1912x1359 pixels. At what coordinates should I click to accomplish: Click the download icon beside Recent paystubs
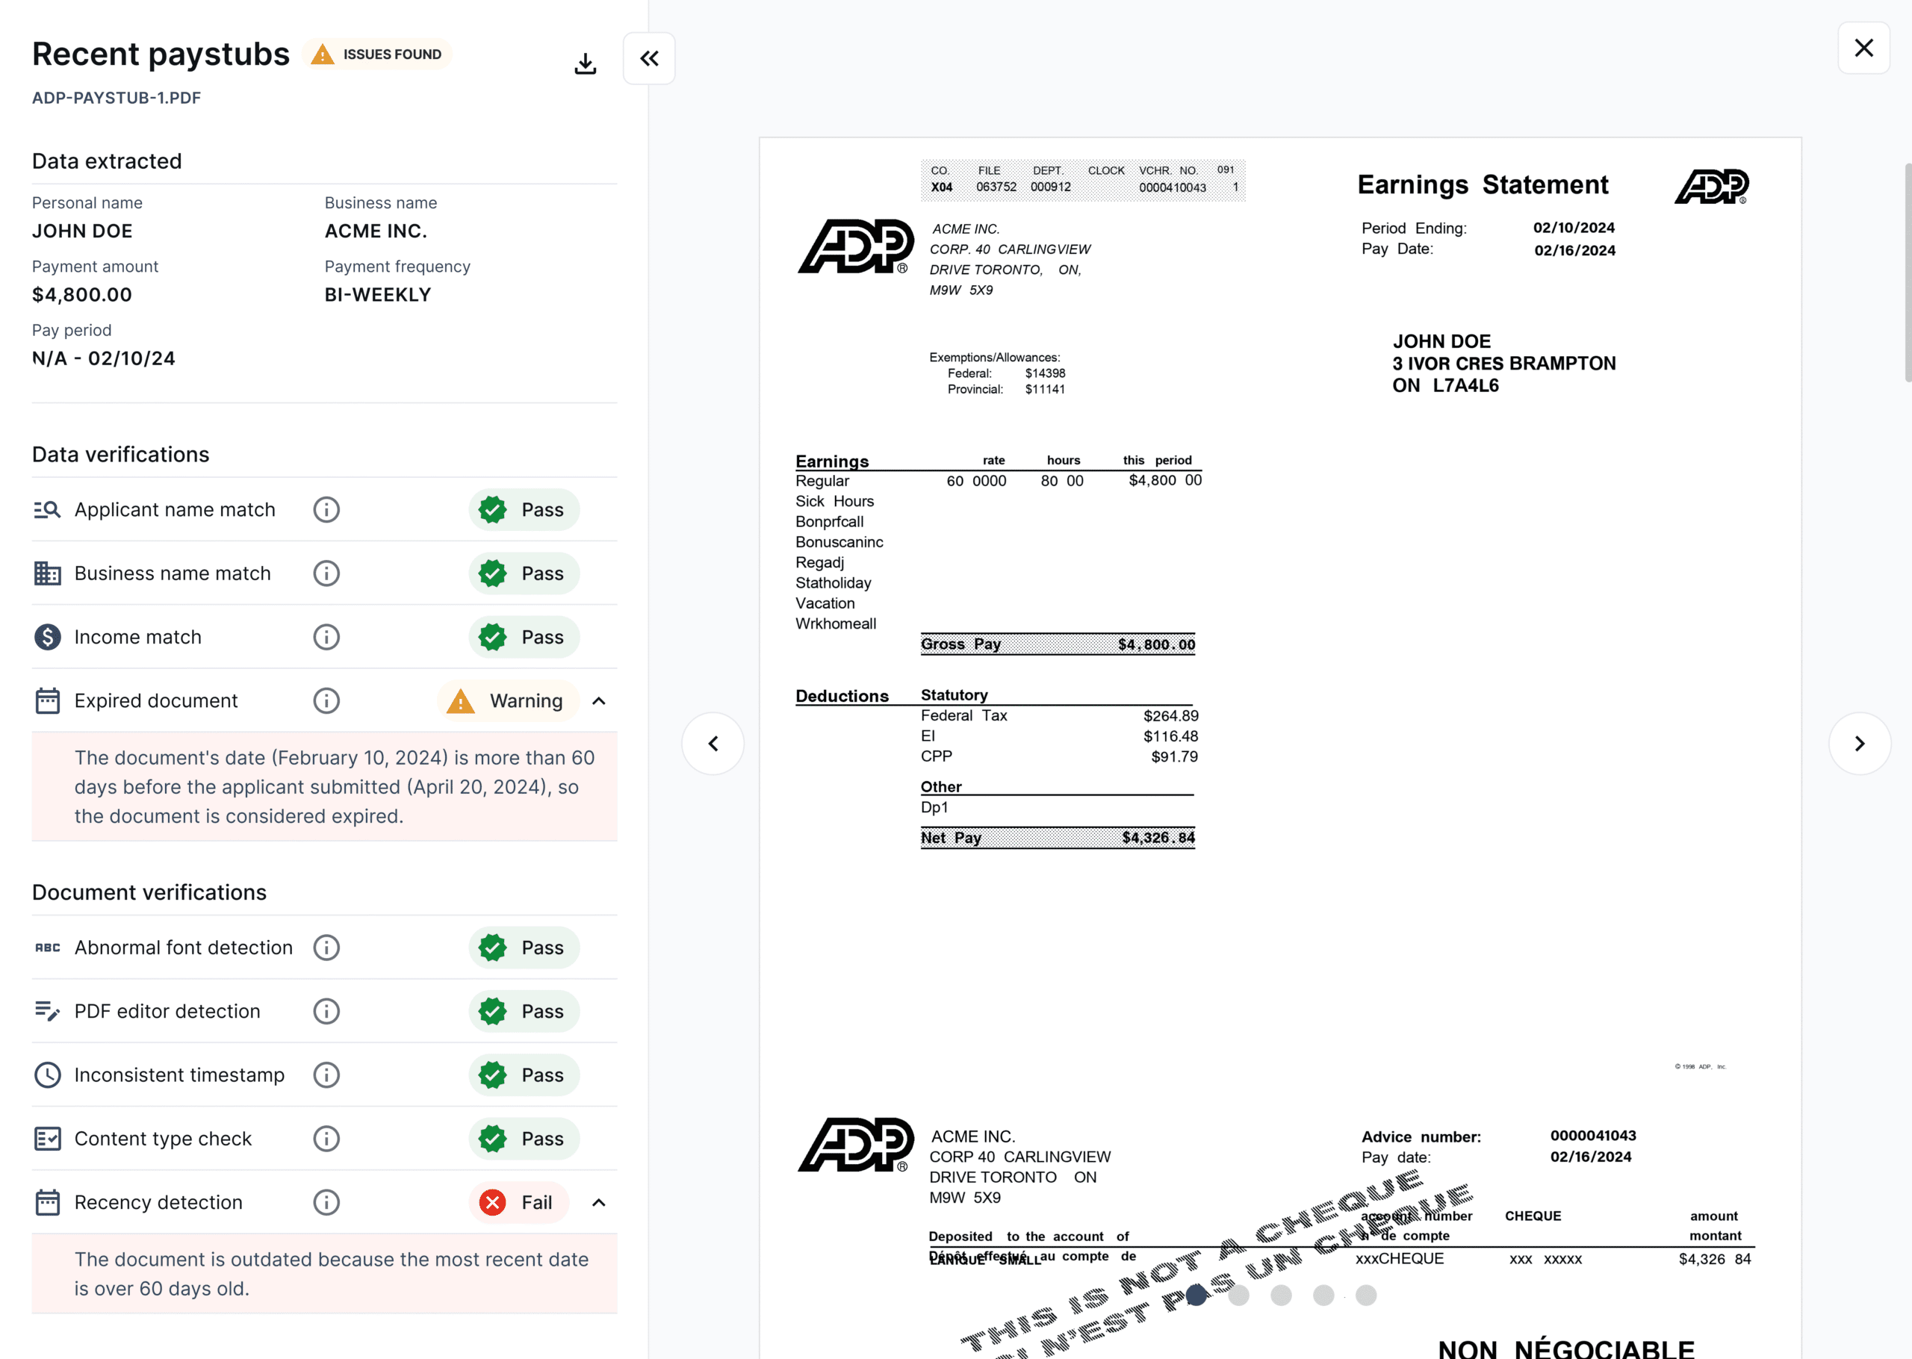pyautogui.click(x=585, y=63)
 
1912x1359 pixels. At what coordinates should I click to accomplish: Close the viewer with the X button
pyautogui.click(x=1863, y=49)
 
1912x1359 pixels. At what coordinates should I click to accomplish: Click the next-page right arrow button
pyautogui.click(x=1859, y=743)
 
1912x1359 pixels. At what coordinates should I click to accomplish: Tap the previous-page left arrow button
pyautogui.click(x=713, y=743)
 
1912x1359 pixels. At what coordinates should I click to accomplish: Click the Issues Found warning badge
pyautogui.click(x=377, y=55)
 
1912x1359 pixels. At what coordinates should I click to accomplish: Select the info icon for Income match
pyautogui.click(x=326, y=637)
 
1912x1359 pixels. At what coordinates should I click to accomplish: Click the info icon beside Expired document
pyautogui.click(x=326, y=700)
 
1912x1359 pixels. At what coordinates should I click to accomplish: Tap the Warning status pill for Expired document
pyautogui.click(x=508, y=700)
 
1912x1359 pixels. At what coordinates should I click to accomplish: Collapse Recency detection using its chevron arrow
pyautogui.click(x=599, y=1202)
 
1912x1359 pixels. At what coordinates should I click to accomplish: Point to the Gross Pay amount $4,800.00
pyautogui.click(x=1156, y=644)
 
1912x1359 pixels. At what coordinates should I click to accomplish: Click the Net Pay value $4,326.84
pyautogui.click(x=1158, y=838)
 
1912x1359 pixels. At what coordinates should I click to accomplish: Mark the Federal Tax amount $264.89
pyautogui.click(x=1170, y=715)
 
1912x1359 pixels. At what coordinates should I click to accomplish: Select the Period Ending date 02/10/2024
pyautogui.click(x=1573, y=228)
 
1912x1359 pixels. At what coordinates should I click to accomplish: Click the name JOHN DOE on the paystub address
pyautogui.click(x=1441, y=341)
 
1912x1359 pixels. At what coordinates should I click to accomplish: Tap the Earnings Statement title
pyautogui.click(x=1482, y=184)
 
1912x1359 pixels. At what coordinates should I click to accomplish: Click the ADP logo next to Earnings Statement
pyautogui.click(x=1711, y=186)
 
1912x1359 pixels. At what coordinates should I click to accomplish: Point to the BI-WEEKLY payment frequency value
pyautogui.click(x=377, y=294)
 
